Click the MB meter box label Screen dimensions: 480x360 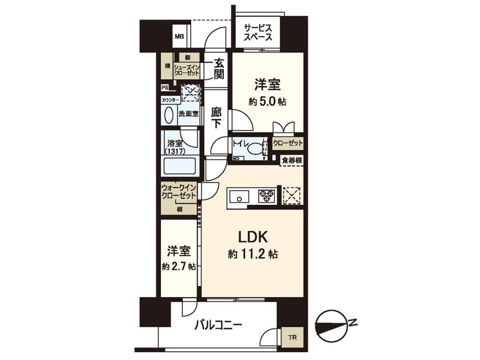tap(180, 37)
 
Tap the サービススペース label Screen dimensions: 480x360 tap(258, 33)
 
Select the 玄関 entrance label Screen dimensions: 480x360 tap(218, 69)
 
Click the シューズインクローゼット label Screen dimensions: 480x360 tap(187, 70)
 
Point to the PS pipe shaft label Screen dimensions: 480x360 tap(165, 88)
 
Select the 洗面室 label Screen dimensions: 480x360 tap(188, 114)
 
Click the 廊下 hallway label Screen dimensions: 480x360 tap(216, 118)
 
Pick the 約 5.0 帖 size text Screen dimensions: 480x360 tap(268, 102)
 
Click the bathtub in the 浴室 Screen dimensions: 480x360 tap(180, 165)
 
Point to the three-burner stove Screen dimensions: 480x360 tap(266, 196)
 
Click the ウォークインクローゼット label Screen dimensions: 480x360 tap(179, 192)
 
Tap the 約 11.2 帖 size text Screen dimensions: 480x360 tap(253, 254)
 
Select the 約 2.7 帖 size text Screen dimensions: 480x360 tap(179, 267)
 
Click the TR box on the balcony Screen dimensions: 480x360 tap(292, 337)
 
